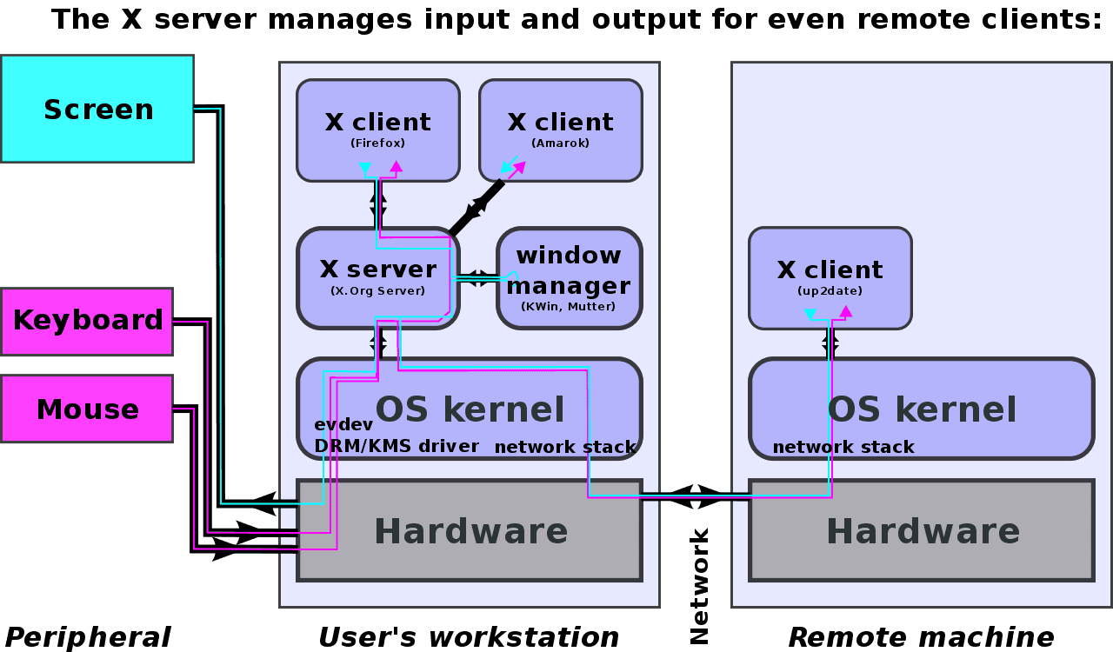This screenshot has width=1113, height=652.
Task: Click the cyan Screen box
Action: [97, 110]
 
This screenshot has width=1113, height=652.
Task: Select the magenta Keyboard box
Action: [87, 321]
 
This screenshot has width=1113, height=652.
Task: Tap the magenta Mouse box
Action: [87, 409]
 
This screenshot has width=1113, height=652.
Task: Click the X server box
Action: [377, 276]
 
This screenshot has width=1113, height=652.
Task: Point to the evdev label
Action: [343, 424]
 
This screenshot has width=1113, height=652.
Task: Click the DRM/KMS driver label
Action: [397, 446]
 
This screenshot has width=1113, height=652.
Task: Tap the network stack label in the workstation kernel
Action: [565, 447]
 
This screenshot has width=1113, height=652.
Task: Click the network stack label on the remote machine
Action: [843, 447]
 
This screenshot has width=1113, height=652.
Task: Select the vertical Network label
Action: [699, 586]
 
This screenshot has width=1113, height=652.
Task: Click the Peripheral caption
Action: [88, 636]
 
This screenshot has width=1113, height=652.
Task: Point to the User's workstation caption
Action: [469, 636]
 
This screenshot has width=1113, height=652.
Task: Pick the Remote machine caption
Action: [921, 636]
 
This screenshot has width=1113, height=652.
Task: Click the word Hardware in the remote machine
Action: [923, 530]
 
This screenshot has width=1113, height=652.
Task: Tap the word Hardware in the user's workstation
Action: [470, 530]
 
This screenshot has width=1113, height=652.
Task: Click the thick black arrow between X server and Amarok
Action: [477, 207]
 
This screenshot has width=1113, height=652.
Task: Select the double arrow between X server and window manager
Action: [477, 278]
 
